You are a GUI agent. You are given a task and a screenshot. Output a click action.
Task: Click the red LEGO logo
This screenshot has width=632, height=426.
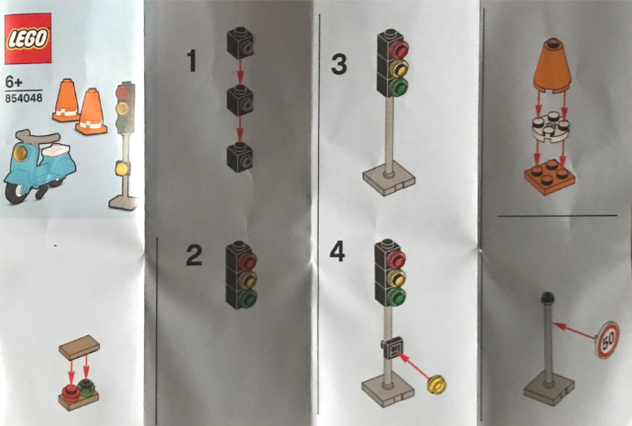pos(28,38)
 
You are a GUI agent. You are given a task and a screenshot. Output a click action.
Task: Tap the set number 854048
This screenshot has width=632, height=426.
pos(24,98)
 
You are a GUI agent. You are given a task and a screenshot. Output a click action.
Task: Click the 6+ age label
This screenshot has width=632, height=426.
pos(14,83)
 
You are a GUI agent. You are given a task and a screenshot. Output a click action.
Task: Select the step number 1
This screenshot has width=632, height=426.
pos(192,61)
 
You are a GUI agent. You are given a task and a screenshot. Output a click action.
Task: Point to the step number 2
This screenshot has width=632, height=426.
pos(194,255)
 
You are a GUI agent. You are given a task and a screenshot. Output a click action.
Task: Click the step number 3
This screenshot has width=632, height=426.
pos(339,65)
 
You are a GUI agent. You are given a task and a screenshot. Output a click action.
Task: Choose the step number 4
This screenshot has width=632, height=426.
pos(338,252)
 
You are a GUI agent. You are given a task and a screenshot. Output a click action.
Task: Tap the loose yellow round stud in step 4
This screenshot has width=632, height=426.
pos(436,384)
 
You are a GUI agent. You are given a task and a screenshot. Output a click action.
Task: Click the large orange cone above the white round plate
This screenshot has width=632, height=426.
pos(552,66)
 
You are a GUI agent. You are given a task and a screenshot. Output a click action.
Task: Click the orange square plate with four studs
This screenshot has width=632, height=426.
pos(549,177)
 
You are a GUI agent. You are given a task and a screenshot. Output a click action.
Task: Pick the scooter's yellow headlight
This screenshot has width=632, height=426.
pos(20,154)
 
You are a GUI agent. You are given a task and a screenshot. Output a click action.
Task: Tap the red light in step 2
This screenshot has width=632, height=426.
pos(247,261)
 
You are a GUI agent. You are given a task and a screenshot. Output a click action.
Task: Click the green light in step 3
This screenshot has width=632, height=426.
pos(399,87)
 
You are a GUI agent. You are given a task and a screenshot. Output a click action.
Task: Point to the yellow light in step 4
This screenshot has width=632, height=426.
pos(397,277)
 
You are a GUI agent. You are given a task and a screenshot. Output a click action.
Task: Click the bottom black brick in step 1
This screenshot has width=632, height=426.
pos(240,157)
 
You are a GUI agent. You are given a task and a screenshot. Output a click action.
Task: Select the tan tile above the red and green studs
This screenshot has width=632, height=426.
pos(79,347)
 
